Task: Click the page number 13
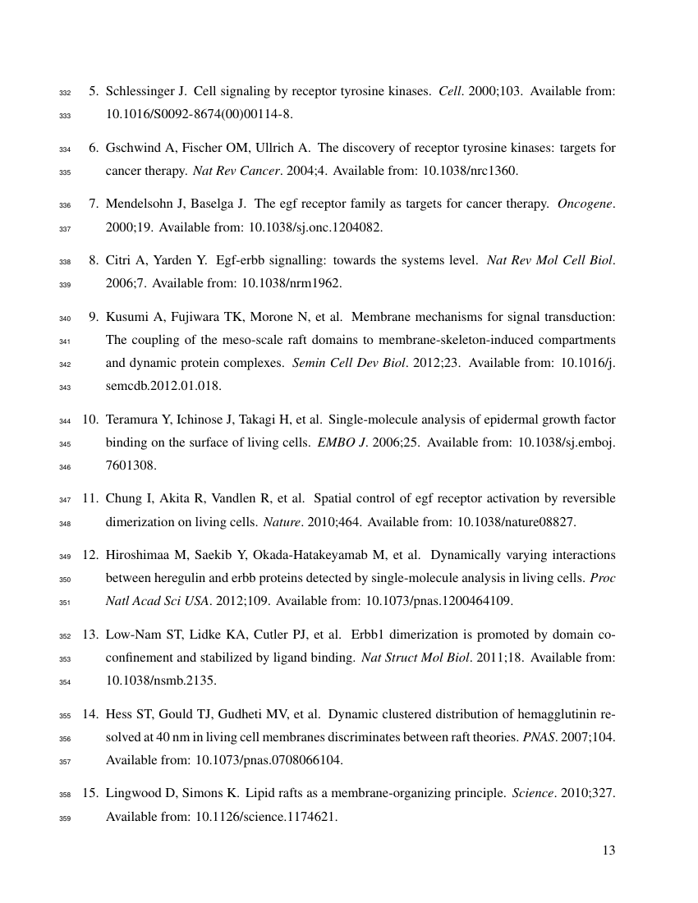pyautogui.click(x=608, y=850)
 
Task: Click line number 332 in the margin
pyautogui.click(x=67, y=93)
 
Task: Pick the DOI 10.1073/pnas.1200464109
pyautogui.click(x=438, y=601)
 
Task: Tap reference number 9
pyautogui.click(x=94, y=318)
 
